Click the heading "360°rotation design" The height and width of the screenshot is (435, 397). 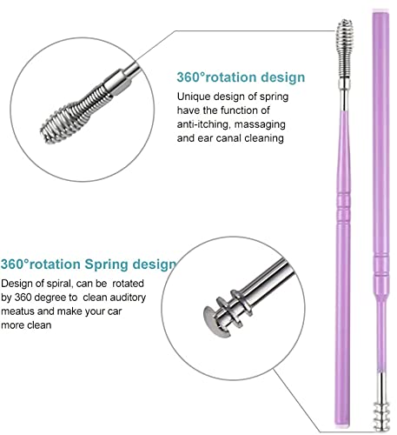(x=241, y=77)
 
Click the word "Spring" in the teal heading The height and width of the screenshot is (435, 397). (x=106, y=264)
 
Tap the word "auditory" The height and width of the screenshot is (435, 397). (x=128, y=298)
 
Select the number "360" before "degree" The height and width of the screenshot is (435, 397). (x=23, y=298)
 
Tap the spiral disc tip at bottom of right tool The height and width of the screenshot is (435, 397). (x=381, y=416)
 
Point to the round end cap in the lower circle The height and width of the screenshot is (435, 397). (x=215, y=321)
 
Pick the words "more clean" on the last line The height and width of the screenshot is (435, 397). (x=26, y=325)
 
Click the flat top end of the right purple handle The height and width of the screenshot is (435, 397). (x=380, y=13)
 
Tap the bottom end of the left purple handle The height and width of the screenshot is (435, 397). (x=343, y=424)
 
